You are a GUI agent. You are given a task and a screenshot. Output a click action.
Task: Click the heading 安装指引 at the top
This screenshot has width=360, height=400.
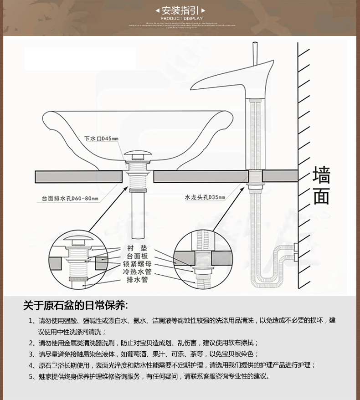(x=180, y=10)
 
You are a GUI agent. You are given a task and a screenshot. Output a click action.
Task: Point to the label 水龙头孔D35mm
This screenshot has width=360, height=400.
(x=205, y=197)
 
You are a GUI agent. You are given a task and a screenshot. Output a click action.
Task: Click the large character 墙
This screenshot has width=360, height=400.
(x=321, y=175)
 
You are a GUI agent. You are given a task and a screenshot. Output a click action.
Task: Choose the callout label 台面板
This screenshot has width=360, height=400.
(x=137, y=256)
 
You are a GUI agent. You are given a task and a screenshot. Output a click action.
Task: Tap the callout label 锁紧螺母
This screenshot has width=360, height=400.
(x=137, y=264)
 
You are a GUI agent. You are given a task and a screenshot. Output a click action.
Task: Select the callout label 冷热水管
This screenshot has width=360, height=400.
(x=137, y=272)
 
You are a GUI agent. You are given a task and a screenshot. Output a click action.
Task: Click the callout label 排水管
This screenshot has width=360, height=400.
(x=137, y=280)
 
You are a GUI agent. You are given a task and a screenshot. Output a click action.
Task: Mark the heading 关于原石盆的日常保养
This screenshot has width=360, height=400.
(x=76, y=305)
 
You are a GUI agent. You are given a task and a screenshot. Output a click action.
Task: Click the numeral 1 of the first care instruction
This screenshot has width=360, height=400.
(x=31, y=321)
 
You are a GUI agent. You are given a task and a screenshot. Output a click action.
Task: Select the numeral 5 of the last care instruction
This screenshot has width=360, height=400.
(x=31, y=376)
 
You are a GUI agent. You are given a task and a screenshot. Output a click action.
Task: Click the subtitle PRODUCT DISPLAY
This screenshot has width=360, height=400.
(x=181, y=19)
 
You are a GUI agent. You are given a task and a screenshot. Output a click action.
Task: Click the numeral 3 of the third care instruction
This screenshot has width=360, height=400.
(x=31, y=354)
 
